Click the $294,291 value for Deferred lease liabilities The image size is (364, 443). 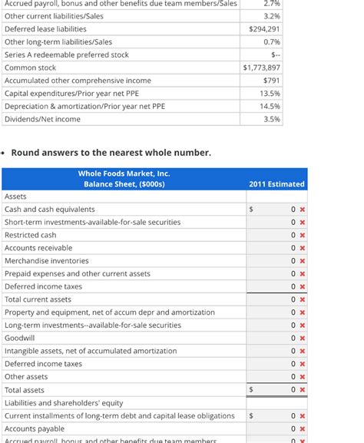(x=264, y=29)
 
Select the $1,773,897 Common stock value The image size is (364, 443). (x=261, y=68)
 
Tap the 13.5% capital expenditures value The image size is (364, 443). (x=270, y=93)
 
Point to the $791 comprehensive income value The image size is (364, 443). (x=271, y=81)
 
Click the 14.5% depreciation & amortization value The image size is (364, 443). (x=270, y=106)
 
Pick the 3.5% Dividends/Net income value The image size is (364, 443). (x=272, y=119)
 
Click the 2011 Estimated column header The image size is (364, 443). (x=276, y=184)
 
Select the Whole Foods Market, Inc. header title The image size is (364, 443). (x=124, y=174)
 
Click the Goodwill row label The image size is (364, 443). (x=19, y=338)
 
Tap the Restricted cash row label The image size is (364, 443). (x=30, y=235)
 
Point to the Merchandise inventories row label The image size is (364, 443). (x=46, y=261)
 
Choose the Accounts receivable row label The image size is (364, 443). (x=38, y=248)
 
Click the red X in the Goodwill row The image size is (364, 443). (x=303, y=338)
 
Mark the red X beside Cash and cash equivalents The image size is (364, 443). (x=303, y=210)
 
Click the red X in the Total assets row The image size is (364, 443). (x=303, y=389)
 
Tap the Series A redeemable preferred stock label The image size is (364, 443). (x=67, y=55)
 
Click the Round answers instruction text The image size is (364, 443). (x=111, y=152)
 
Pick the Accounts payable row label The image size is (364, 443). (x=35, y=428)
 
